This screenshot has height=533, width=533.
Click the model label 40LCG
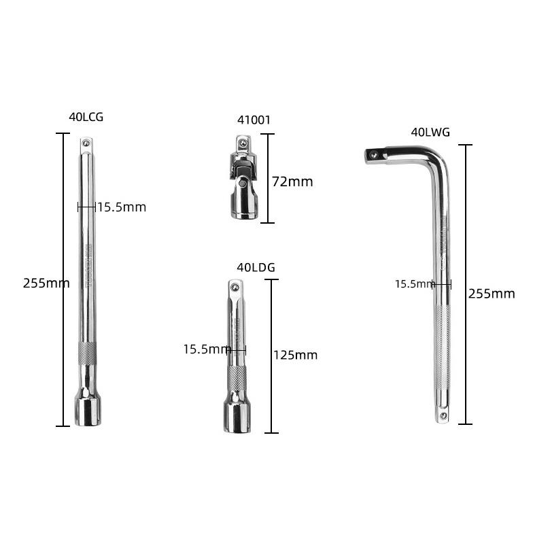86,117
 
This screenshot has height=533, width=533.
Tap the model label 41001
254,120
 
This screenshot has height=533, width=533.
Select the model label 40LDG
256,268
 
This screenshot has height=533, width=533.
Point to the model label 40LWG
430,132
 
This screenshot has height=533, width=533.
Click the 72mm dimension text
292,182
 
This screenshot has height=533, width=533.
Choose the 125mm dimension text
296,355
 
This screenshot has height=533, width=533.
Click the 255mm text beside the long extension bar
46,283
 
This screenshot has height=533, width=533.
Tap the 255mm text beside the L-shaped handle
492,294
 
